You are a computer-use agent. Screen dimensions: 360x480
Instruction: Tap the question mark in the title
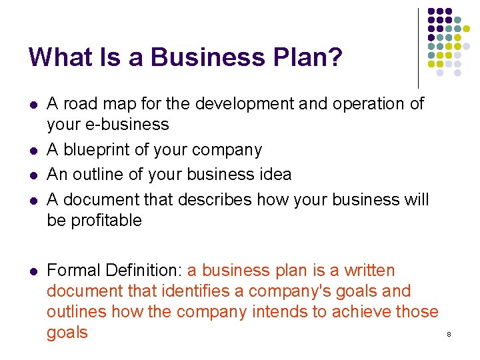tap(336, 57)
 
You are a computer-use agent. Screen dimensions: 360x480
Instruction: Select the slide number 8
tap(449, 334)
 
